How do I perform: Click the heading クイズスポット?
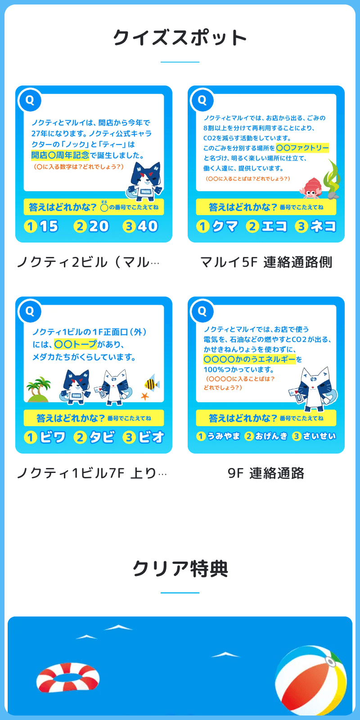click(180, 38)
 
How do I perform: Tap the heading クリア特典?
click(180, 569)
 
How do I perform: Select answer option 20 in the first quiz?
click(92, 226)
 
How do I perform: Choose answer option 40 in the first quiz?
click(140, 226)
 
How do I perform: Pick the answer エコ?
click(267, 226)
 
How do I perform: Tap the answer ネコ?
click(316, 226)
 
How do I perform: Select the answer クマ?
click(217, 226)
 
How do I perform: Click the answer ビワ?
click(45, 437)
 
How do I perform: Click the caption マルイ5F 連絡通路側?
click(266, 262)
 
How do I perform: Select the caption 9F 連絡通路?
click(266, 473)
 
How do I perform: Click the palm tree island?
click(39, 389)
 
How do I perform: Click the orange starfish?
click(145, 396)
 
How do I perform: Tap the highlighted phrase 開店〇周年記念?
click(60, 155)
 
